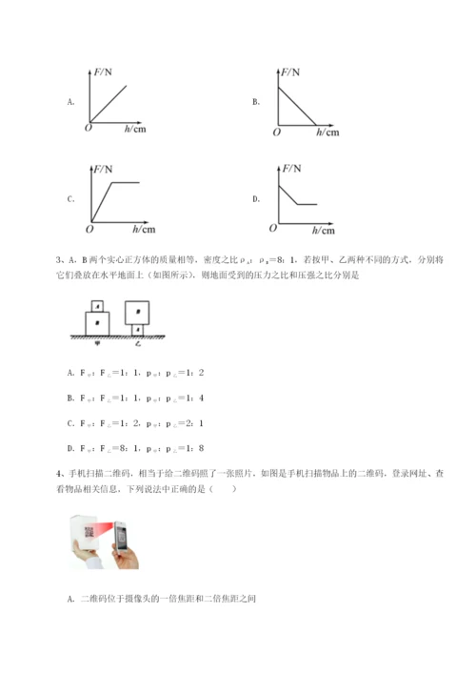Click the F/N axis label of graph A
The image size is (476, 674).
103,71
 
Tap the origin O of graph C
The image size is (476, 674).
89,229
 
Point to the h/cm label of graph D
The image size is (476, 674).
323,230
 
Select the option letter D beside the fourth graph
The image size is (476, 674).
256,199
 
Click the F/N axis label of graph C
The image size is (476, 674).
103,170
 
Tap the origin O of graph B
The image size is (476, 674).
276,132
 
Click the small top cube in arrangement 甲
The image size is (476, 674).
96,307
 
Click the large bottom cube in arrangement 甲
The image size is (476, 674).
96,324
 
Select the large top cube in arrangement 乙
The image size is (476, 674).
139,312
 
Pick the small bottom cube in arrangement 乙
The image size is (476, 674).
139,330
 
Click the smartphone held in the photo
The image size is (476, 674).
122,545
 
